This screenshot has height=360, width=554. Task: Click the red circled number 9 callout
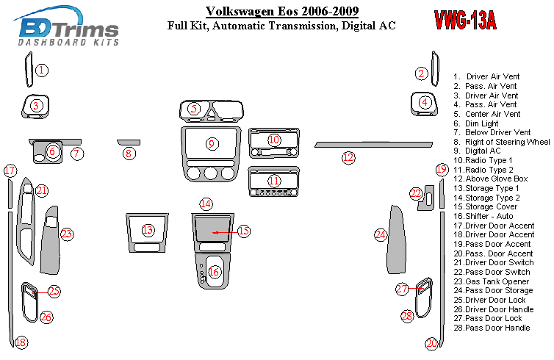coord(212,143)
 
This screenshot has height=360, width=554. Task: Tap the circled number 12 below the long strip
coord(348,156)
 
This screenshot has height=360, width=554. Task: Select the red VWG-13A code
coord(464,21)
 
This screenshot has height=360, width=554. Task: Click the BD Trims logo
coord(68,31)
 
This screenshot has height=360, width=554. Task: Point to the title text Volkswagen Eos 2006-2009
coord(281,12)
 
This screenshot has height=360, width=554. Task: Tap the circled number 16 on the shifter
coord(214,272)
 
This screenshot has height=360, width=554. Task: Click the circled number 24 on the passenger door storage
coord(380,235)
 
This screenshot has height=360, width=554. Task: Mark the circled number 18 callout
coord(21,342)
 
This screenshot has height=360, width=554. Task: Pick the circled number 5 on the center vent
coord(194,109)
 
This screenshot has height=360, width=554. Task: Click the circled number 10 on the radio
coord(274,139)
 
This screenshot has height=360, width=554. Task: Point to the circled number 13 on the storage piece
coord(148,230)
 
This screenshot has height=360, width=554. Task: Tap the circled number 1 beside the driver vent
coord(43,71)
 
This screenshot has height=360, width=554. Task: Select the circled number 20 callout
coord(431,342)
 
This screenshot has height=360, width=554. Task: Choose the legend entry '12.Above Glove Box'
coord(491,179)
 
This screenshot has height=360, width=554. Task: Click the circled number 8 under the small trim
coord(129,154)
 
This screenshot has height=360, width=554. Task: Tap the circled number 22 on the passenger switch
coord(417,194)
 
